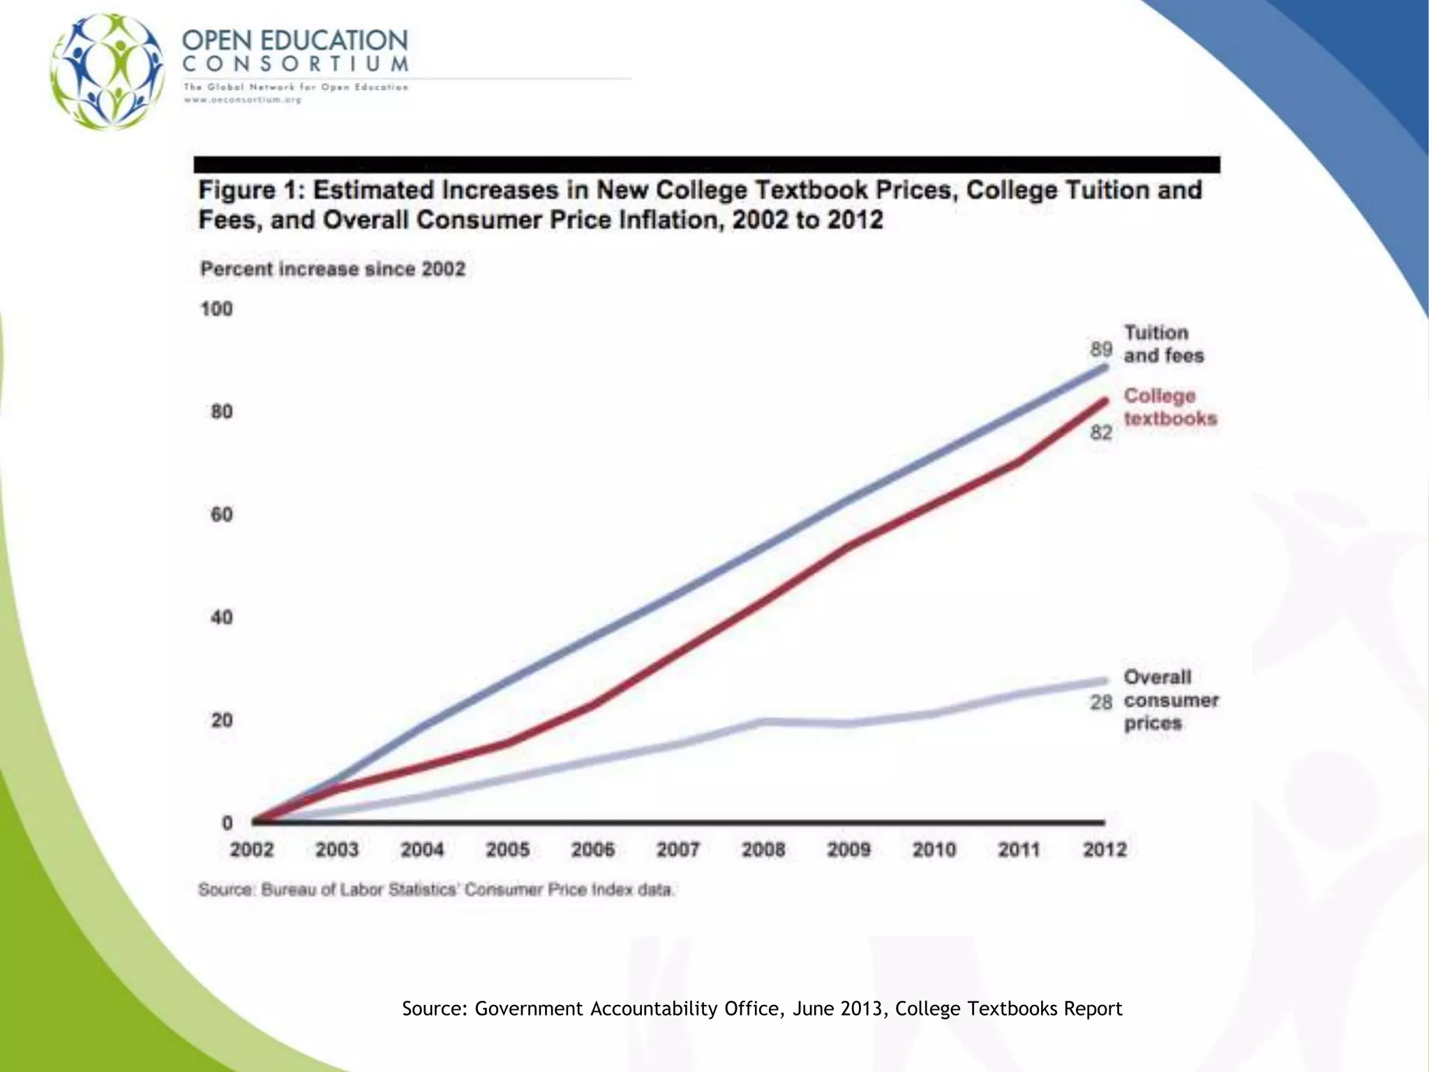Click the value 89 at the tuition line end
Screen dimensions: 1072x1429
[x=1101, y=349]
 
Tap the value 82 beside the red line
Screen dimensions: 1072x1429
[x=1101, y=433]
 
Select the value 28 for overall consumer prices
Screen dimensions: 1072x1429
[x=1101, y=701]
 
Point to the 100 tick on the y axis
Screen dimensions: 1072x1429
[x=217, y=309]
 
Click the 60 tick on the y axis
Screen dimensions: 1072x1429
[x=221, y=515]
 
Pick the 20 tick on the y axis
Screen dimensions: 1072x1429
[x=221, y=720]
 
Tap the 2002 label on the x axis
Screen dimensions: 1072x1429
[x=252, y=850]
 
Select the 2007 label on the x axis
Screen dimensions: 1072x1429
[x=678, y=850]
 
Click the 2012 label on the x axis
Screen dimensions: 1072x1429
[x=1105, y=850]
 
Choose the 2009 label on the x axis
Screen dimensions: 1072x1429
[x=848, y=850]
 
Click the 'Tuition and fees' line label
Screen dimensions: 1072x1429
[x=1163, y=344]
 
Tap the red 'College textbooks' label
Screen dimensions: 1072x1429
[x=1169, y=407]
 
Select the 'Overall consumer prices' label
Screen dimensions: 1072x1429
[x=1170, y=700]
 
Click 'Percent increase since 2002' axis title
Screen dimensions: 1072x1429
[x=333, y=269]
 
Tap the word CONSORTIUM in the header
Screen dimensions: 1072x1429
[x=295, y=64]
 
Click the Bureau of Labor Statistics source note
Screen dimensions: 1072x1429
[x=436, y=890]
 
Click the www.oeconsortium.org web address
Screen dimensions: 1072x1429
[x=242, y=100]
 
